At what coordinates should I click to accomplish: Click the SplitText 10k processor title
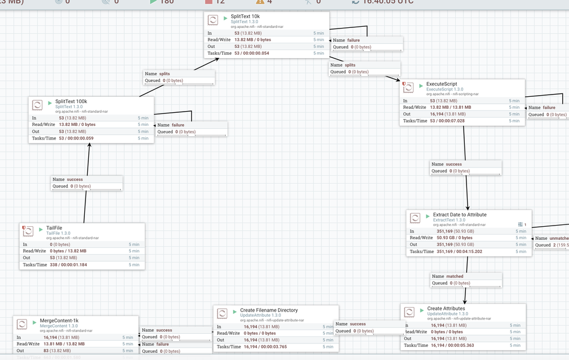(245, 17)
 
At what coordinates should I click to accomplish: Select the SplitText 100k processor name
(71, 101)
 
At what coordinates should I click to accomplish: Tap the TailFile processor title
(54, 228)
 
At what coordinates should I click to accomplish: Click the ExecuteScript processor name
(441, 84)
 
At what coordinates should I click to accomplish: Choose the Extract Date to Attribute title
(460, 215)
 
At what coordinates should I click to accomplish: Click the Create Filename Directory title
(269, 310)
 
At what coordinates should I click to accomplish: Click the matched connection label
(455, 276)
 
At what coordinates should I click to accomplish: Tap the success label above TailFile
(75, 179)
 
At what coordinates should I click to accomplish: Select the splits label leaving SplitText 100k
(165, 73)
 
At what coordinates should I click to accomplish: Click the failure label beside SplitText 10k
(354, 40)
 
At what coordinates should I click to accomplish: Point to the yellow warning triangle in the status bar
(260, 2)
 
